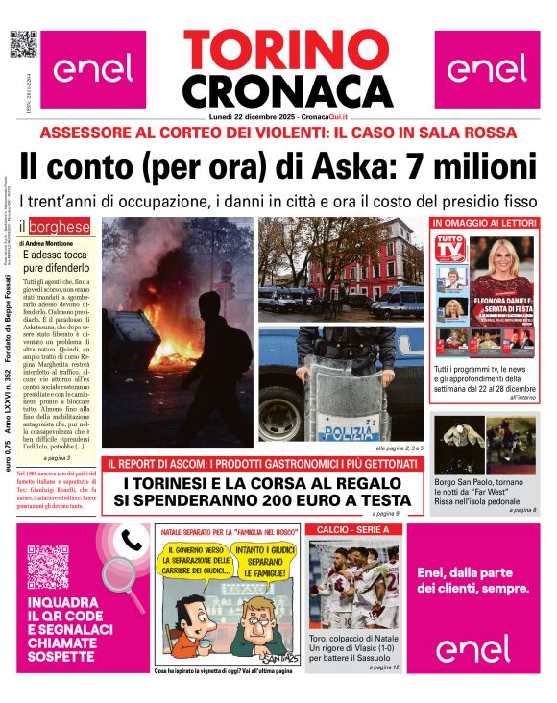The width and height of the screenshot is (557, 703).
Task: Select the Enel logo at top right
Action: coord(487,68)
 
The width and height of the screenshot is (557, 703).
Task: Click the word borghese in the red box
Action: coord(61,228)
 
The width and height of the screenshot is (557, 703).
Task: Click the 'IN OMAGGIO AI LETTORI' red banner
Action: coord(485,223)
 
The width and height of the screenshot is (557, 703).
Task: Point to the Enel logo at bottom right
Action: coord(472,649)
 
